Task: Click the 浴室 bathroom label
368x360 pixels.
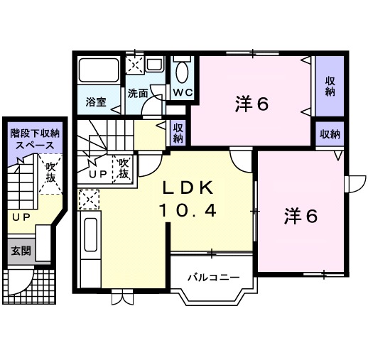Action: pos(97,101)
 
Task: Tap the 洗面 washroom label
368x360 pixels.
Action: pos(138,93)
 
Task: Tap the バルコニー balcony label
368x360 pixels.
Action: pos(209,277)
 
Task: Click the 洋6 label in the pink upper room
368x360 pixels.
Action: pos(251,104)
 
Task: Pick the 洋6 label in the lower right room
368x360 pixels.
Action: pos(301,216)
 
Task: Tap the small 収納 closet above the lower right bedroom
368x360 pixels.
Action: pos(329,133)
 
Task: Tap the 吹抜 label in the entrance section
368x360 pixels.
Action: pos(50,173)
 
